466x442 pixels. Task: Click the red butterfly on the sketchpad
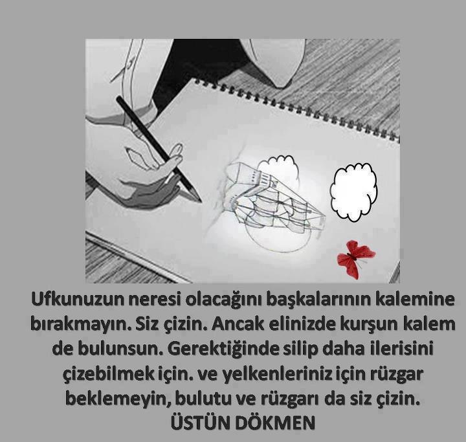[x=356, y=259]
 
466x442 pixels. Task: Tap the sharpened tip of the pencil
[x=200, y=201]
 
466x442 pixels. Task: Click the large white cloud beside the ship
[x=353, y=192]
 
